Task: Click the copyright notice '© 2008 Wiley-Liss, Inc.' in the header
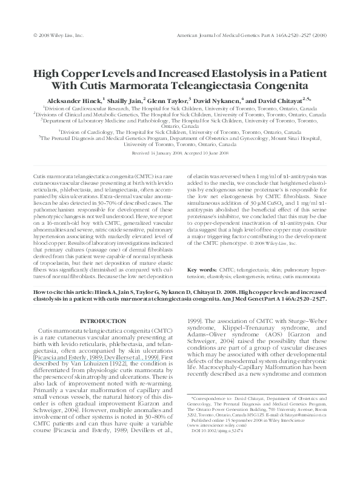58,36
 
